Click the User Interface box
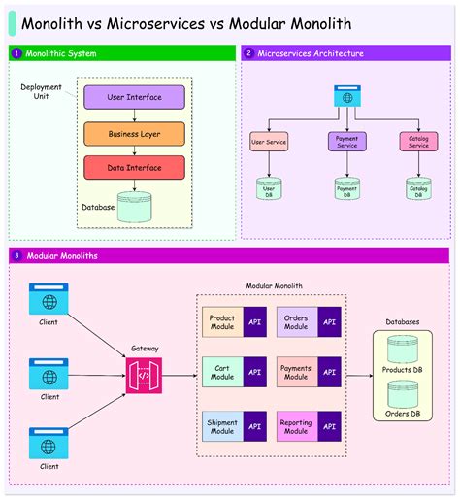(x=134, y=97)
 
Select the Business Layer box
(x=134, y=133)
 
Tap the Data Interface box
(x=134, y=167)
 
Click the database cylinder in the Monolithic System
(x=135, y=206)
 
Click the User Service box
(x=269, y=143)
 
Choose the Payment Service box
(x=346, y=142)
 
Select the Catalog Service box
(x=418, y=142)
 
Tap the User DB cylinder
(x=269, y=188)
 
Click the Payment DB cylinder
(x=346, y=188)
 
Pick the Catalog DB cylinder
(x=418, y=188)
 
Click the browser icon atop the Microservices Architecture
(x=346, y=96)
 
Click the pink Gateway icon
(x=144, y=375)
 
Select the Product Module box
(x=223, y=321)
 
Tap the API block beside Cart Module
(x=254, y=372)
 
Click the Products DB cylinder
(x=402, y=351)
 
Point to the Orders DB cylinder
(x=402, y=396)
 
